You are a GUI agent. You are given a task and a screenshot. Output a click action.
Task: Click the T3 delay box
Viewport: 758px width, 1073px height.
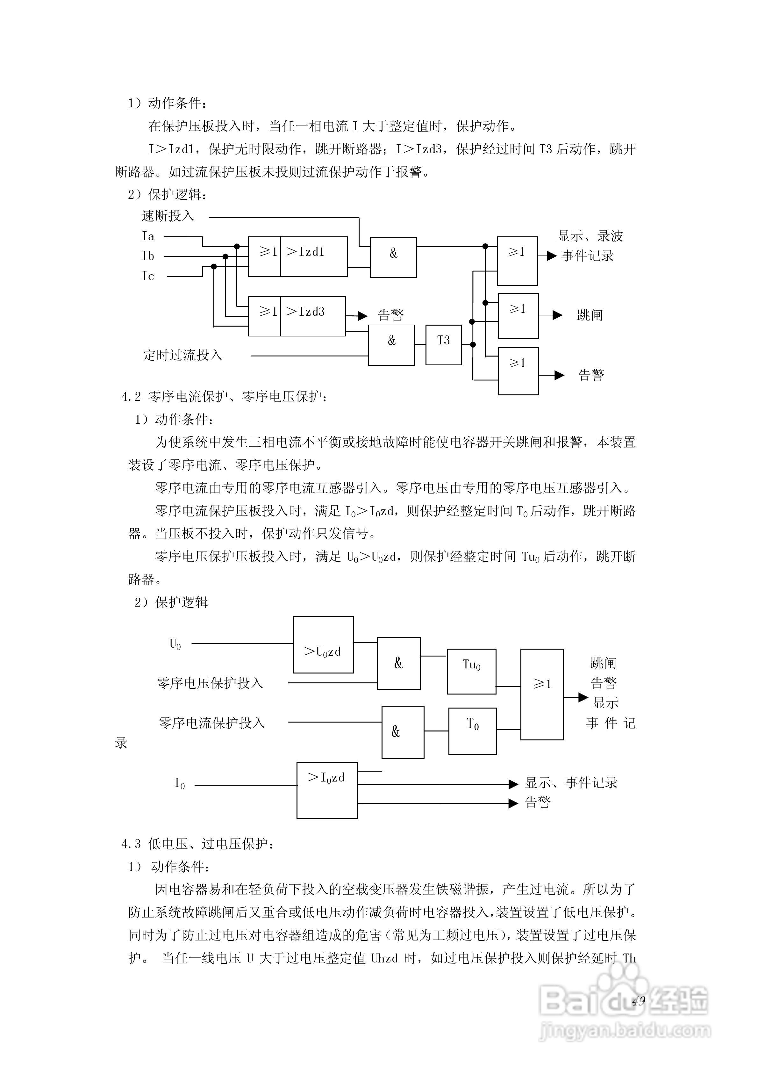coord(443,345)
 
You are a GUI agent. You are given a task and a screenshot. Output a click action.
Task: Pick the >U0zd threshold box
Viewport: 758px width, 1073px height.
coord(323,645)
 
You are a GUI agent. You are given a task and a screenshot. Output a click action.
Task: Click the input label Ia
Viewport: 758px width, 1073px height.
coord(148,236)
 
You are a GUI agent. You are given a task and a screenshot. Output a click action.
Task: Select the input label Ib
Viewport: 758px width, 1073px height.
coord(148,256)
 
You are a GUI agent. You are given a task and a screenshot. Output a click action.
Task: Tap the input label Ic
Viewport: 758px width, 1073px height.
coord(148,276)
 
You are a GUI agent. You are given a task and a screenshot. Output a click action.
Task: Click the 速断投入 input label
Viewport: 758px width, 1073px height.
coord(168,216)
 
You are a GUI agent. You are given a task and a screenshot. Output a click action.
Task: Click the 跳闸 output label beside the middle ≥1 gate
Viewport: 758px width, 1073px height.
coord(590,315)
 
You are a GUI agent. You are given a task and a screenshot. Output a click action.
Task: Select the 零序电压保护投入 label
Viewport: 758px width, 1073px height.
coord(210,683)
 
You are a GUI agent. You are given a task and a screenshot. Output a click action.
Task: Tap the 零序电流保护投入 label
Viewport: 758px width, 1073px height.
coord(212,723)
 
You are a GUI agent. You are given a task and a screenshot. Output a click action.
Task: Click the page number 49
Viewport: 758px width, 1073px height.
coord(638,1001)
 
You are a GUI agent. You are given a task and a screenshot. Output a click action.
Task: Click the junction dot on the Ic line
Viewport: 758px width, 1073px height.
coord(214,266)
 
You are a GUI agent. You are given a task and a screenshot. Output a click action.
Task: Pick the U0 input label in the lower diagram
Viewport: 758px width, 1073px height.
coord(175,644)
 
